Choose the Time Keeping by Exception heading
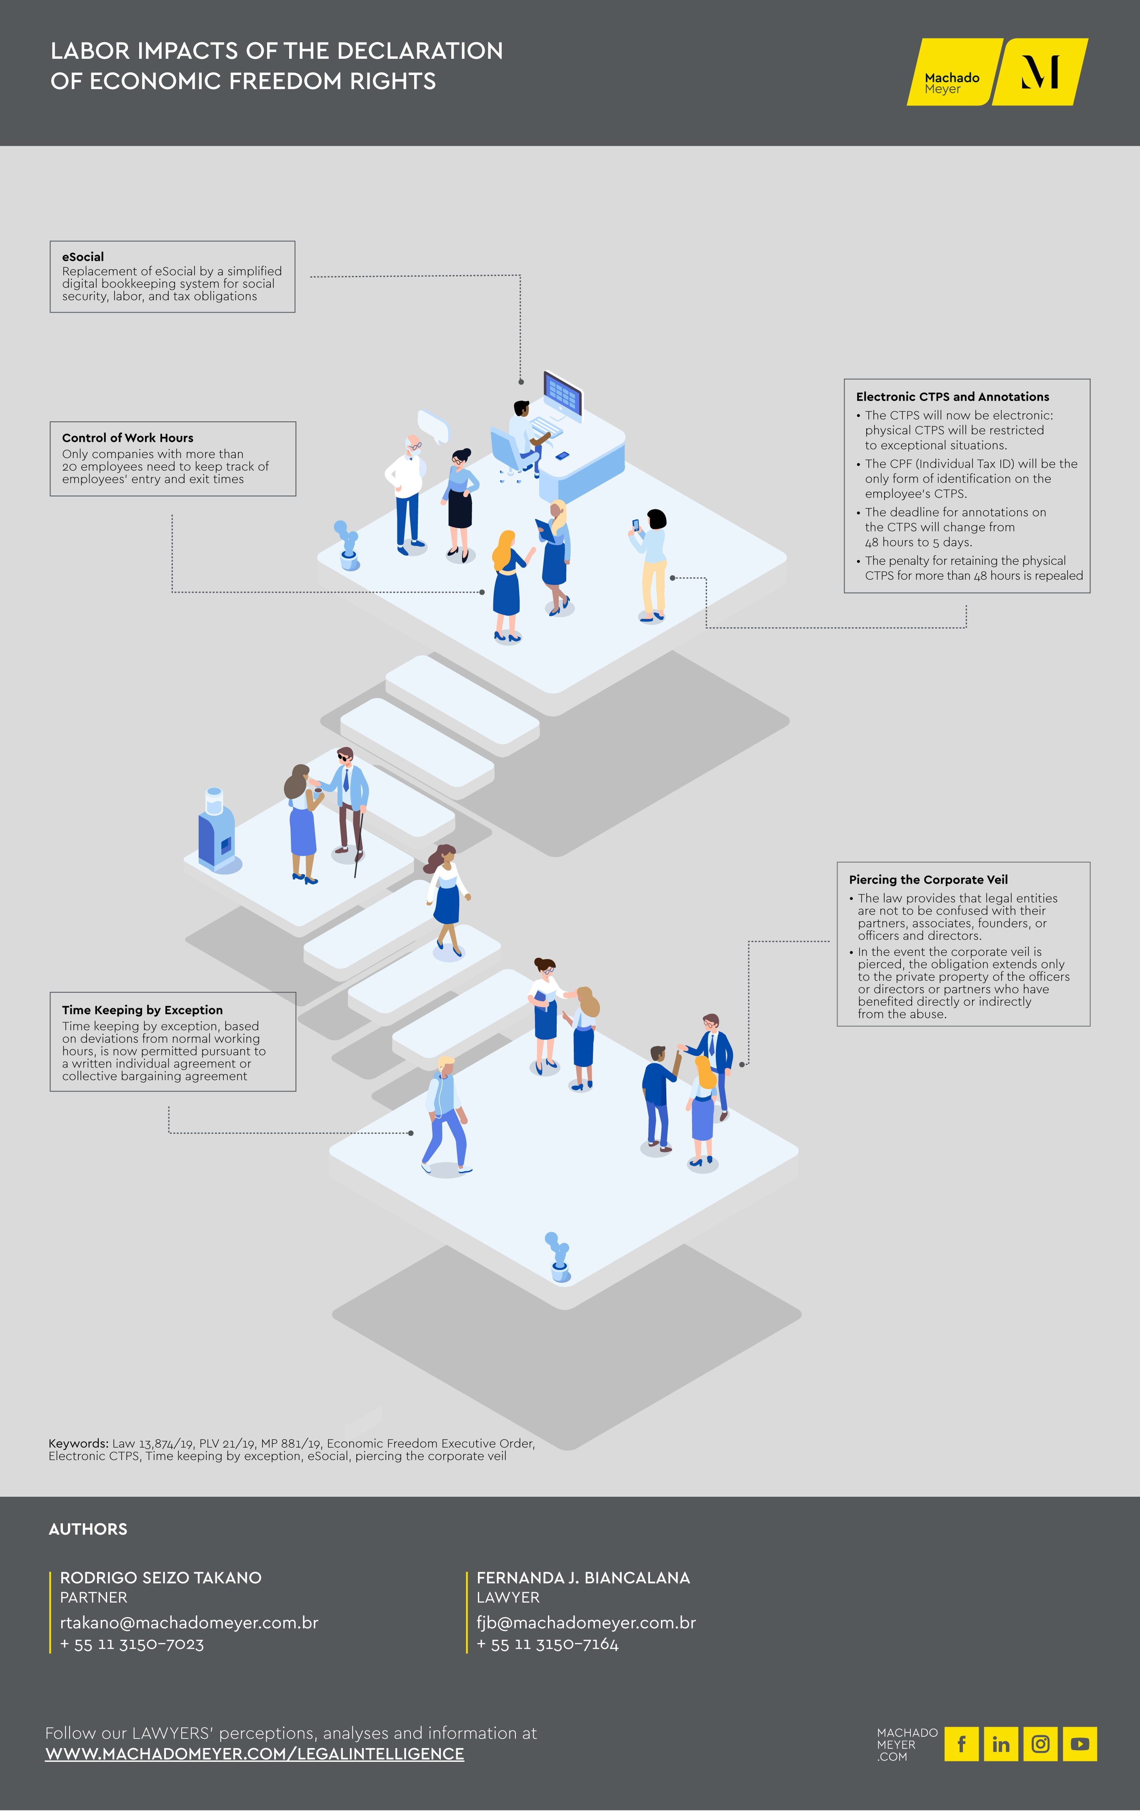[142, 1010]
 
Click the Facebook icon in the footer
[961, 1744]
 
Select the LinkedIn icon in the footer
[1001, 1744]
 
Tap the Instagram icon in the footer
[1040, 1744]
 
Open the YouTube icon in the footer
[1080, 1744]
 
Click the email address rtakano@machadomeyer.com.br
[189, 1623]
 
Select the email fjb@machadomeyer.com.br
[586, 1623]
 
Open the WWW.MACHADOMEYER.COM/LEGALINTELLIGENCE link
[254, 1754]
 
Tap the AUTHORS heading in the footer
[88, 1529]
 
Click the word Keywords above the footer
[78, 1443]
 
